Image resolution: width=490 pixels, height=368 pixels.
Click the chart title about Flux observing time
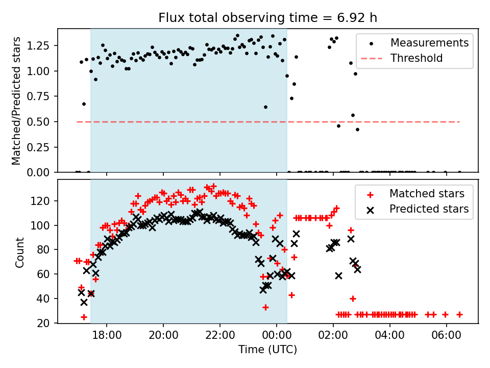tap(268, 18)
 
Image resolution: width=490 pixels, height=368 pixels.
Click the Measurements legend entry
tap(429, 43)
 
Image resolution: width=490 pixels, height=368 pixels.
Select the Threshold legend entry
tap(416, 58)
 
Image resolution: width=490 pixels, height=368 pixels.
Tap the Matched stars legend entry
tap(427, 194)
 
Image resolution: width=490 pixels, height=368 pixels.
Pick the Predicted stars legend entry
tap(429, 209)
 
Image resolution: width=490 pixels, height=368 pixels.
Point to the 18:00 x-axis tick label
tap(107, 338)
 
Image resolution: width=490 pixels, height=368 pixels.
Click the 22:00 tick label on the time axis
tap(220, 338)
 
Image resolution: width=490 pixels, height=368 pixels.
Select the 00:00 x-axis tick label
tap(277, 338)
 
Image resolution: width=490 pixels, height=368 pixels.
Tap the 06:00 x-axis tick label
tap(447, 338)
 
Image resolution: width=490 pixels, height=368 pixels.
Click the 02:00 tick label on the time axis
tap(333, 338)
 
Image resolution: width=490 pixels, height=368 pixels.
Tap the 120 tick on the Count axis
tap(44, 201)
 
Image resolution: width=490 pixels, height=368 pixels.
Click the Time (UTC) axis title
tap(268, 351)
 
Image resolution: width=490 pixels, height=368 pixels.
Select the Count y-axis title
tap(20, 252)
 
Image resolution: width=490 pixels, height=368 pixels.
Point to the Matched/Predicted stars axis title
tap(17, 101)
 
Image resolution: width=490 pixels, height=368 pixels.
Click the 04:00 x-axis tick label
tap(390, 338)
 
